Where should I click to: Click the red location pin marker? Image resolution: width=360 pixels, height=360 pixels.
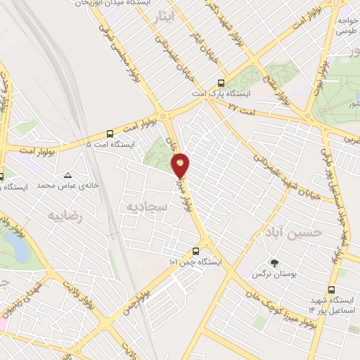click(x=181, y=164)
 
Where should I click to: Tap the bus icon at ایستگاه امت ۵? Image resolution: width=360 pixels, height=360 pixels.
click(x=110, y=134)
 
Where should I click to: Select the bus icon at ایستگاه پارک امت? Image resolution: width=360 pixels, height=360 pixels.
click(x=221, y=82)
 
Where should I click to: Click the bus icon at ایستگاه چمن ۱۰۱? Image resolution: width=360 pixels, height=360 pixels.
click(x=195, y=250)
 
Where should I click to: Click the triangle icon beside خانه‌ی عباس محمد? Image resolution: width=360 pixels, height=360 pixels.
click(x=68, y=175)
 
